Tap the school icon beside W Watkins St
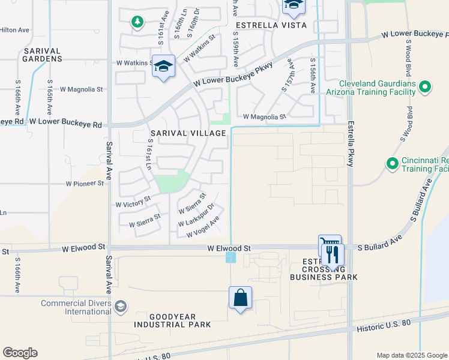click(163, 65)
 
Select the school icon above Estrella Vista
click(293, 5)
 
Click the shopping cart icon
click(329, 244)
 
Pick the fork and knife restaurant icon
click(333, 254)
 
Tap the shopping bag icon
click(240, 298)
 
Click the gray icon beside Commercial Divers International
click(120, 307)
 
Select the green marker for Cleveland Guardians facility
click(425, 88)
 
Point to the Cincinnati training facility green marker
click(392, 163)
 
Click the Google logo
click(20, 353)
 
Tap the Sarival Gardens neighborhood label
click(43, 55)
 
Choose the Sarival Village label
click(188, 133)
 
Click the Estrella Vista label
click(271, 25)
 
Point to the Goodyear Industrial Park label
click(172, 320)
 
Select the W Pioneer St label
click(85, 183)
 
